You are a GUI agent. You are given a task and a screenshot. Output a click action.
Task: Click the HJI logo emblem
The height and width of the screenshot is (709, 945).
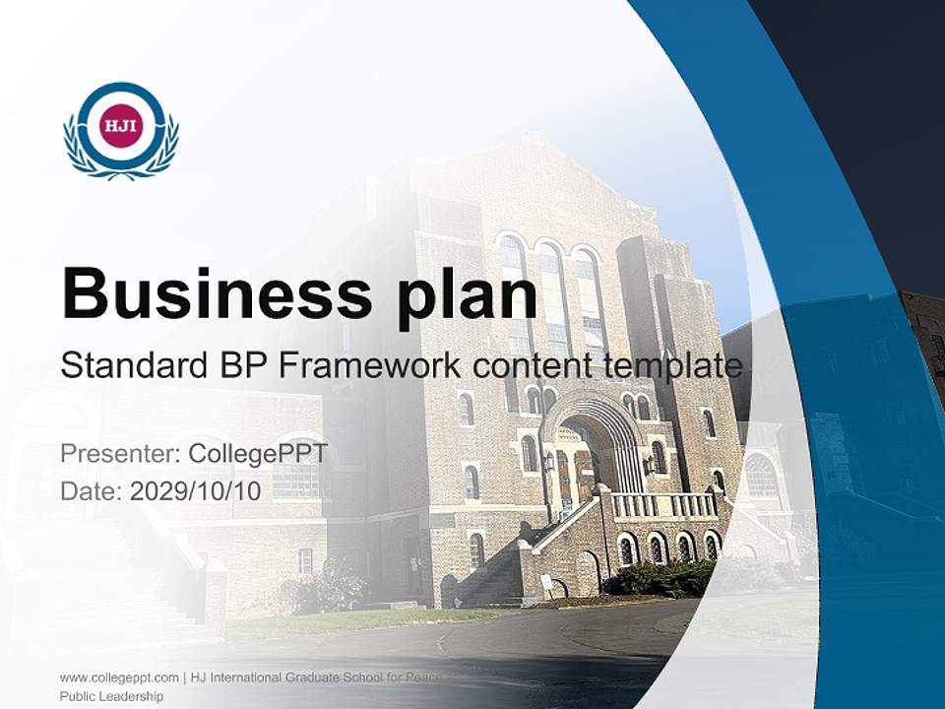point(121,130)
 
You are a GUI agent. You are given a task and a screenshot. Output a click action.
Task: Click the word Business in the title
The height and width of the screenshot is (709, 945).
point(217,294)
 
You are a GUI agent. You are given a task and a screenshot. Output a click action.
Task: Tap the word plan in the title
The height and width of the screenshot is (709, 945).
point(466,298)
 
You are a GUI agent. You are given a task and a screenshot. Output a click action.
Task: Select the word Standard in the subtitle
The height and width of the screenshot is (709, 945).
point(134,365)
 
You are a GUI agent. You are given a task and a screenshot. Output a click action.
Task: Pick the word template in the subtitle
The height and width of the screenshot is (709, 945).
point(673,367)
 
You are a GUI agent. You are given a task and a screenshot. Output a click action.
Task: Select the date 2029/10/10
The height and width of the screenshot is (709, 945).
point(195,491)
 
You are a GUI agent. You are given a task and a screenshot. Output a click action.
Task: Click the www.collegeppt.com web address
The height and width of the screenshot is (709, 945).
point(119,677)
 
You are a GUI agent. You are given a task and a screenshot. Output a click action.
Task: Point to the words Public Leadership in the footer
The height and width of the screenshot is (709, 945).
point(111,696)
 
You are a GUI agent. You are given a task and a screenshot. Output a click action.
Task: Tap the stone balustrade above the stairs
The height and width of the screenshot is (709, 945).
point(663,505)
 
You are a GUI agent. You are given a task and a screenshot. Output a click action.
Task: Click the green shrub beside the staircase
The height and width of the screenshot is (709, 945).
point(661,578)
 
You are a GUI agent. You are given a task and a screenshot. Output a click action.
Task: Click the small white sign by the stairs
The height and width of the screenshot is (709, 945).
point(546,583)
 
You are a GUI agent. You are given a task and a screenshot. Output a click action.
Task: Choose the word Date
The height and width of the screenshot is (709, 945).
point(92,491)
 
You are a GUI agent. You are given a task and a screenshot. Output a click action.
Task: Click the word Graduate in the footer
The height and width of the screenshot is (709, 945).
point(312,677)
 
